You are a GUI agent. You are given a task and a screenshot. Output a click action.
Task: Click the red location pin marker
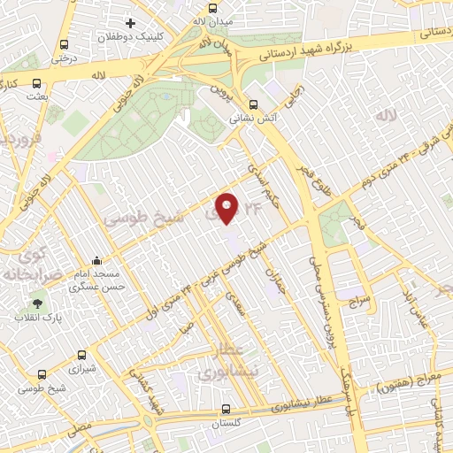pyautogui.click(x=227, y=207)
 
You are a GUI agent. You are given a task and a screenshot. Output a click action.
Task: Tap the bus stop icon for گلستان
pyautogui.click(x=227, y=410)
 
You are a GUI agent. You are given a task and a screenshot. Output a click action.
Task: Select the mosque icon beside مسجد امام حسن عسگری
pyautogui.click(x=96, y=261)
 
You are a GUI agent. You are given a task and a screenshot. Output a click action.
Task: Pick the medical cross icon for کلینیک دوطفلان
pyautogui.click(x=131, y=22)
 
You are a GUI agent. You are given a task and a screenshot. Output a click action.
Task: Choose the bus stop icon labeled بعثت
pyautogui.click(x=36, y=85)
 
